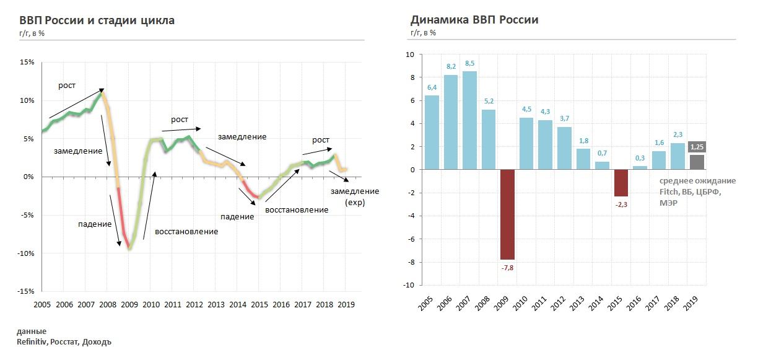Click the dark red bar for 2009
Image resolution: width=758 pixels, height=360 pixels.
(507, 214)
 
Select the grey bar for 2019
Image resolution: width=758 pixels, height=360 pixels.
(696, 162)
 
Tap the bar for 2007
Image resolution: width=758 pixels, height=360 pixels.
(470, 120)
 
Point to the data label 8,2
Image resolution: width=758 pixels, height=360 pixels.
(451, 66)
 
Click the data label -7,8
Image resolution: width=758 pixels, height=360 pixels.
(507, 268)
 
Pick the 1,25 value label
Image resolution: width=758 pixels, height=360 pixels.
(696, 147)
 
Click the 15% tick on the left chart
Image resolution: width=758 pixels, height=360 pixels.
(27, 63)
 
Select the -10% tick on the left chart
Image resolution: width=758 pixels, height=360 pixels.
(25, 253)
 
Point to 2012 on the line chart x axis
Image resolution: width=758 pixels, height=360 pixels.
(193, 305)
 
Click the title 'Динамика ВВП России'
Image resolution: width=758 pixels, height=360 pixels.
(474, 20)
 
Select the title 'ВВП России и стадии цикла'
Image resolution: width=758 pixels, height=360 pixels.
(97, 20)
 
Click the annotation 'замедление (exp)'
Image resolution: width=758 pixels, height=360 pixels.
(354, 196)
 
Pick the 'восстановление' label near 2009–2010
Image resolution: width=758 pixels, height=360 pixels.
(186, 232)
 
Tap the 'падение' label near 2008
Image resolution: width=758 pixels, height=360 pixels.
(95, 223)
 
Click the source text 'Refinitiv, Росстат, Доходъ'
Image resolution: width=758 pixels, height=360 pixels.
(64, 341)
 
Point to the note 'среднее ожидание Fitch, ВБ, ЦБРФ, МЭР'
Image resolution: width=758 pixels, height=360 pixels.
(697, 191)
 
